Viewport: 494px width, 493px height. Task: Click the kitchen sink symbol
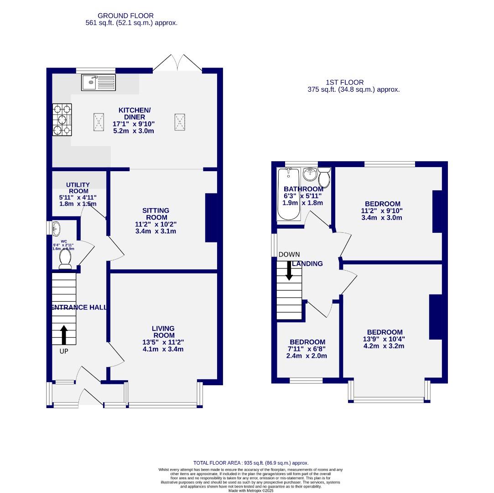(99, 83)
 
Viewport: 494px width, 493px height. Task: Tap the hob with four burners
(62, 120)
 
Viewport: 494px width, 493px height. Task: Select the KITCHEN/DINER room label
(134, 114)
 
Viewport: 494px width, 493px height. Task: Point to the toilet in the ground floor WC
(65, 259)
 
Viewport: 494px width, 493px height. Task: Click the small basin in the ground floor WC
(57, 228)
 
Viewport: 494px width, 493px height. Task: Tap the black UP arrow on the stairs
(64, 335)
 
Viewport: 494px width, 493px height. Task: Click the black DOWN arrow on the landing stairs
(289, 270)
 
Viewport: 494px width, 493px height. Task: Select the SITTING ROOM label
(156, 214)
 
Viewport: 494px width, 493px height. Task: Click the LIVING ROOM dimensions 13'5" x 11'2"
(163, 342)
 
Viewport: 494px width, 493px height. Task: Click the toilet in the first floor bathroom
(324, 177)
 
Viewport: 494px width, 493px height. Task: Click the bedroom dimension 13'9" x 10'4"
(384, 339)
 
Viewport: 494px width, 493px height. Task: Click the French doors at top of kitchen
(177, 63)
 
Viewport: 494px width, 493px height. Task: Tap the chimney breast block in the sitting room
(211, 218)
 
